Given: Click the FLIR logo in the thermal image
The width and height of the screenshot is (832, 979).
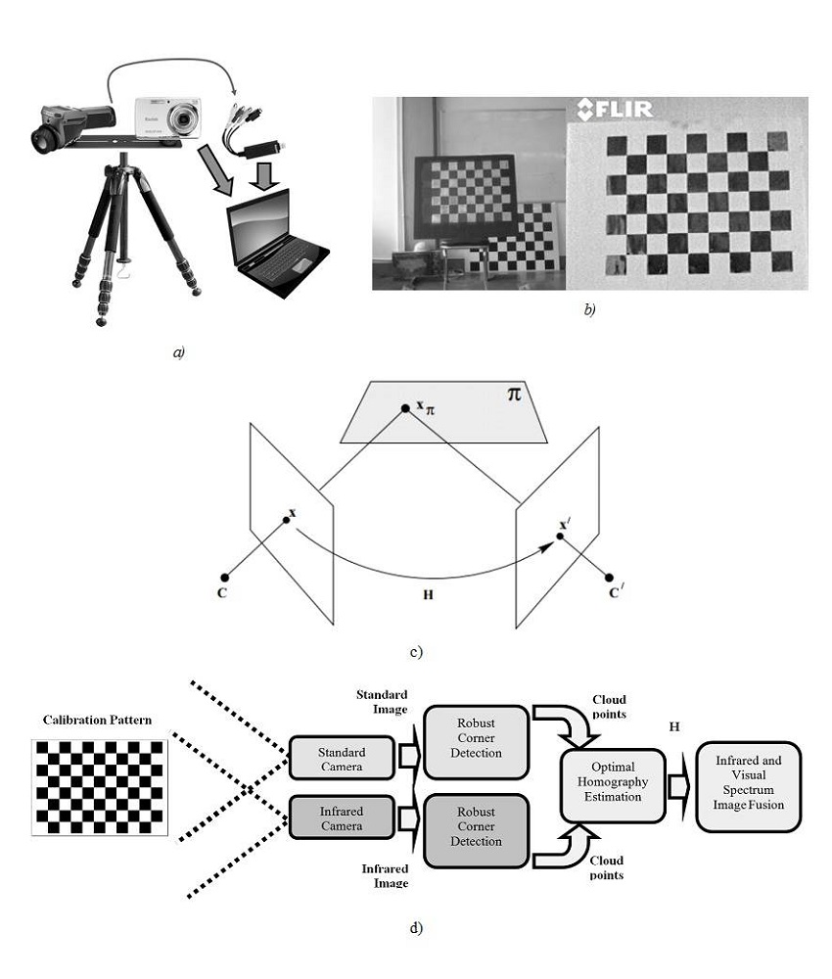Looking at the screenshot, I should [x=615, y=109].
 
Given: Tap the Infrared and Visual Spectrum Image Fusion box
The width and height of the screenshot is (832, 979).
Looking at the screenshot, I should [x=749, y=787].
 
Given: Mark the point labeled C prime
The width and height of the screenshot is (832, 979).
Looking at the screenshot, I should [x=609, y=578].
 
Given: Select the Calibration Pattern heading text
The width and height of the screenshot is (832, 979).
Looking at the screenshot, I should [x=97, y=720].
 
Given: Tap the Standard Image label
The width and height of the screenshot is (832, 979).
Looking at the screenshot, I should [x=384, y=702].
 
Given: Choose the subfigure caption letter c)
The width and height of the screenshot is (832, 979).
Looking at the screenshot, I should [x=416, y=650].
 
